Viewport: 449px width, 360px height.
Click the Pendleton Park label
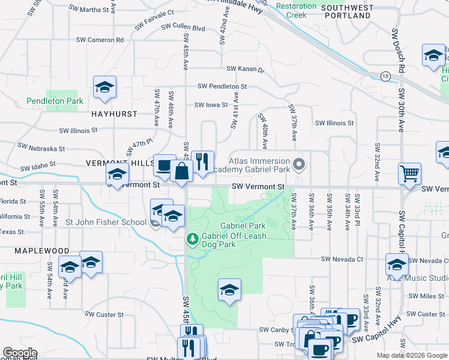click(55, 101)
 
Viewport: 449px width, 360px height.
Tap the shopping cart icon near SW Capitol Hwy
click(409, 174)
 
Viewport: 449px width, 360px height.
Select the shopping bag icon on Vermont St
click(181, 171)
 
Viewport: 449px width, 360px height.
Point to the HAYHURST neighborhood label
click(114, 113)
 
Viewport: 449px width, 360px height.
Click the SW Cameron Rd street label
click(100, 40)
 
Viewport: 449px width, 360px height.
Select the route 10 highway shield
click(385, 76)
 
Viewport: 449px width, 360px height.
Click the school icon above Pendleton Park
click(104, 88)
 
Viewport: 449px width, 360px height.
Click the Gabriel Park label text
click(242, 226)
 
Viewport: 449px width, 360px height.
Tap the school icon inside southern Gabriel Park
click(229, 290)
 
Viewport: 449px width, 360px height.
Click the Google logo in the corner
click(19, 353)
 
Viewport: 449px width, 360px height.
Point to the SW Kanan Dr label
click(245, 69)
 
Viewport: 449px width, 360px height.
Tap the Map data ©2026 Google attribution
click(411, 355)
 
